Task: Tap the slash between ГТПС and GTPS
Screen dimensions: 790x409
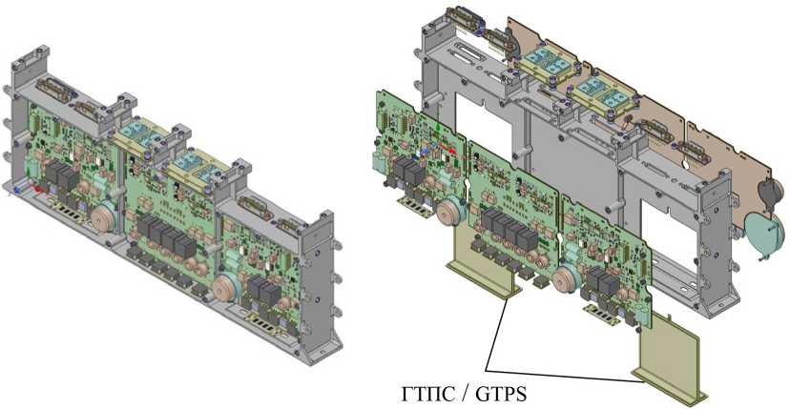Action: [x=460, y=393]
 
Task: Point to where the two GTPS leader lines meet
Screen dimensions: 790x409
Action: [x=486, y=370]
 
